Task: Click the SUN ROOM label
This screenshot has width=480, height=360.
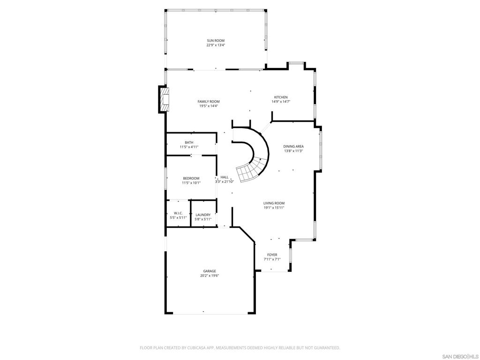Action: [216, 40]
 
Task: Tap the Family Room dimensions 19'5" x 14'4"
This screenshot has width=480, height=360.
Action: [209, 106]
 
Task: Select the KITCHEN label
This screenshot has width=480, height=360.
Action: [281, 97]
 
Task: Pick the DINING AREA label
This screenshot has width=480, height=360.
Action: [293, 146]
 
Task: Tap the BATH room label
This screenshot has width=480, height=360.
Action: [189, 142]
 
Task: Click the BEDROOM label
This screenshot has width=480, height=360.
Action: [191, 179]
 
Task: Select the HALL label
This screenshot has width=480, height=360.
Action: [225, 177]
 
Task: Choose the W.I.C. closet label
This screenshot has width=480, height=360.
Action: [178, 213]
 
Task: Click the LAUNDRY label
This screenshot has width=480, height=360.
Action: [203, 215]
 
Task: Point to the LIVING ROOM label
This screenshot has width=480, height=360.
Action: [274, 203]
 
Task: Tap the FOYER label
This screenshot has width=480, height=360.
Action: [272, 255]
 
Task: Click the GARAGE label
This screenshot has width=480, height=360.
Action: [210, 271]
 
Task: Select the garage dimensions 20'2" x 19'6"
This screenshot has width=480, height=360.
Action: [210, 276]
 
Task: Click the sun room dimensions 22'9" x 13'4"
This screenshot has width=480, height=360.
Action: [216, 45]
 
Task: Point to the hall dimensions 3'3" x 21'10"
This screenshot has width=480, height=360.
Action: [225, 181]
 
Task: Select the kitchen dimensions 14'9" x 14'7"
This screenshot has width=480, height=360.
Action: [281, 102]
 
